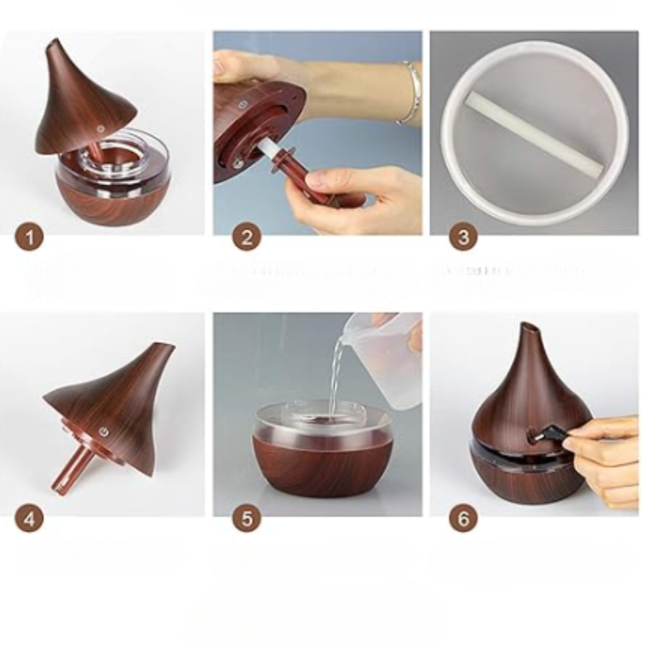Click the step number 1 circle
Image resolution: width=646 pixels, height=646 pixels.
click(30, 238)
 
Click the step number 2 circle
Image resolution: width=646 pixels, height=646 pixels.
click(246, 238)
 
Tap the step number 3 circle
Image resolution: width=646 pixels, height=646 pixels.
click(463, 238)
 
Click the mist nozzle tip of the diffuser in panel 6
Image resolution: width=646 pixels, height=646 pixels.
click(529, 328)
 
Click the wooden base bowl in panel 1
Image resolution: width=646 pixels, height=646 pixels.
click(102, 203)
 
